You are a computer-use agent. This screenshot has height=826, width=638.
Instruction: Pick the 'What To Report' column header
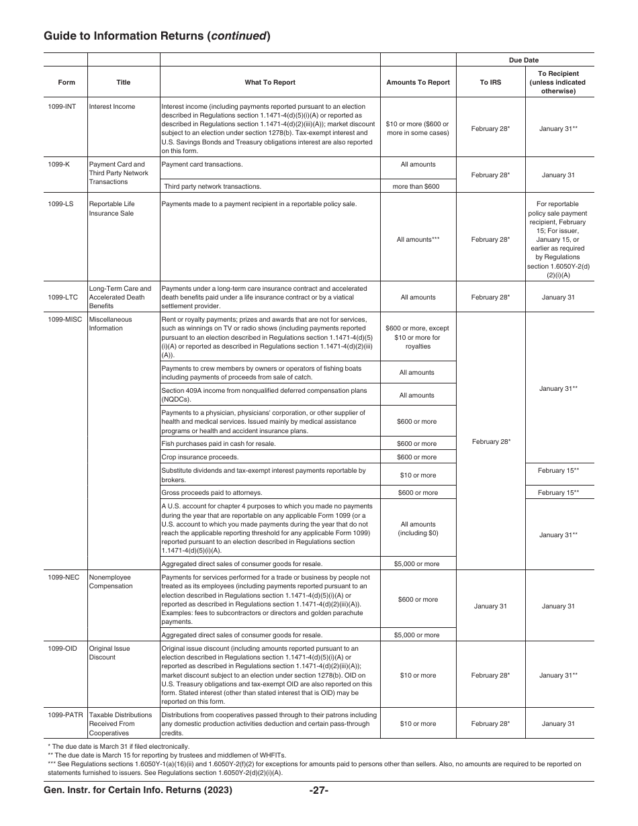[269, 83]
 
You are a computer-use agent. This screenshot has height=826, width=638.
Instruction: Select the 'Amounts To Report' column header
[418, 83]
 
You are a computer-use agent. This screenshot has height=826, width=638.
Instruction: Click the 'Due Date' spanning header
[524, 60]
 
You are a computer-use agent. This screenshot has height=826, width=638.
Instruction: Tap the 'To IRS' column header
[490, 83]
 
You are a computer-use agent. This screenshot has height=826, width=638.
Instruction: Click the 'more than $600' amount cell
[416, 187]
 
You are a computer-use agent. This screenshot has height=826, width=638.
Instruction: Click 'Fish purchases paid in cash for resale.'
[218, 444]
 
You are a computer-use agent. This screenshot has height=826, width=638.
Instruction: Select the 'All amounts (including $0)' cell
[418, 529]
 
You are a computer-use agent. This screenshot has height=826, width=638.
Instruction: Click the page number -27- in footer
[318, 790]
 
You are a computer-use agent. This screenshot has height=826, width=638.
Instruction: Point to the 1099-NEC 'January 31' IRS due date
[490, 606]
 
